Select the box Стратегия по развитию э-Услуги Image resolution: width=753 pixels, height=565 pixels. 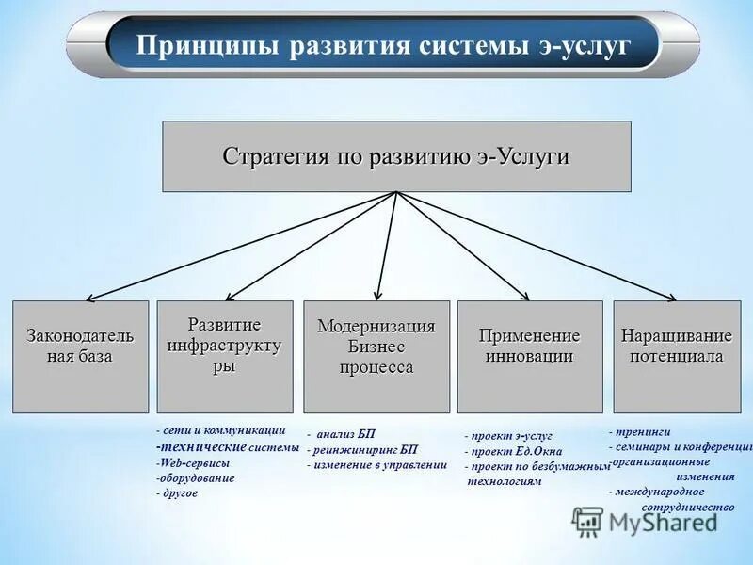coord(396,156)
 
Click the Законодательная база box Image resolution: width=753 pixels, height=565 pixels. coord(80,356)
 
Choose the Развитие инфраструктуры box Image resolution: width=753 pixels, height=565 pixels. coord(224,356)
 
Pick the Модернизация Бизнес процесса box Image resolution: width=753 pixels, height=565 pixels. coord(376,356)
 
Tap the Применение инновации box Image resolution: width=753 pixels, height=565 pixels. coord(529,356)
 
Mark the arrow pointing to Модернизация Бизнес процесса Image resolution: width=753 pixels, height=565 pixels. coord(384,247)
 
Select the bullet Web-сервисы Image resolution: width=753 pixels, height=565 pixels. coord(193,462)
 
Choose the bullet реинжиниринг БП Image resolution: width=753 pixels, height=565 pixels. coord(362,449)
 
